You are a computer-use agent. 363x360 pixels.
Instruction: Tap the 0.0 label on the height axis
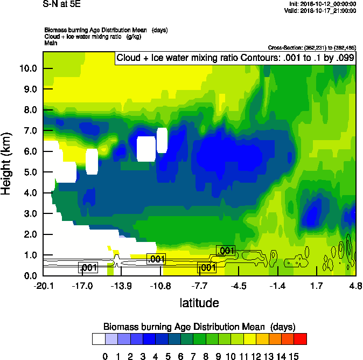click(30, 276)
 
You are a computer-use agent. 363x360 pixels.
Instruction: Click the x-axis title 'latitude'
click(199, 303)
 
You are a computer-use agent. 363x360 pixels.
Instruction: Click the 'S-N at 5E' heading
click(62, 4)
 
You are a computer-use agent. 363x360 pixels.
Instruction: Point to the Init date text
click(322, 4)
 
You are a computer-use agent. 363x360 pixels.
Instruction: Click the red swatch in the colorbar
click(301, 339)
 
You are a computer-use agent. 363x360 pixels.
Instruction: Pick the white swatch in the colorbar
click(99, 339)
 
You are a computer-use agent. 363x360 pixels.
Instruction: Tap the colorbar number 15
click(294, 356)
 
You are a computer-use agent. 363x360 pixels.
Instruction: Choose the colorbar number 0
click(106, 356)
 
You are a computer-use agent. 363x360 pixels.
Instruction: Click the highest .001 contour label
click(226, 250)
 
